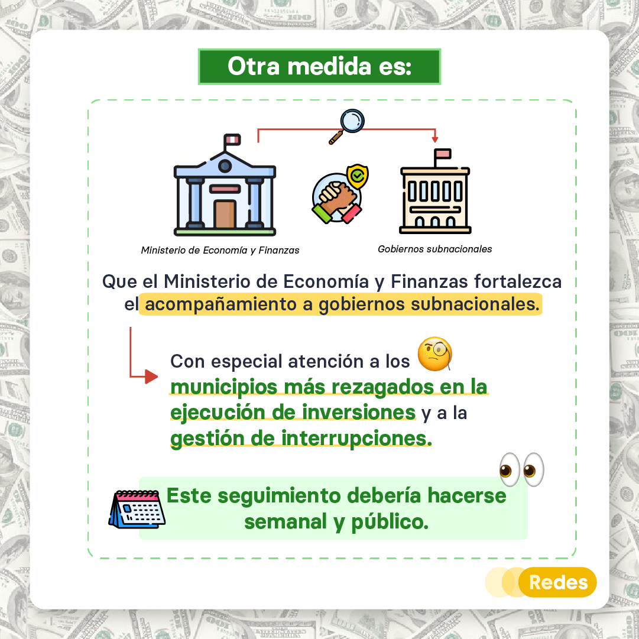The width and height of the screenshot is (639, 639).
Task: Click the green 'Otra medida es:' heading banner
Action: coord(319,66)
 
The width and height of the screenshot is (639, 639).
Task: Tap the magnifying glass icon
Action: coord(347,126)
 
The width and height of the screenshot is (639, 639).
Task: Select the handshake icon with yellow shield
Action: coord(340,194)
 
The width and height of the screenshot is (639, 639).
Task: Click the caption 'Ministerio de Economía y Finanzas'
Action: coord(220,250)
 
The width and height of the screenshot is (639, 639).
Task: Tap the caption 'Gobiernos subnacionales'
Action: coord(435,249)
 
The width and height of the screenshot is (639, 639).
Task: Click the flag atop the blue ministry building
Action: coord(232,140)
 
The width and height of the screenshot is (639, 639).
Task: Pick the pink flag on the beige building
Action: coord(443,154)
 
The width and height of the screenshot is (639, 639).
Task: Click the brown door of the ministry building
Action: coord(225,213)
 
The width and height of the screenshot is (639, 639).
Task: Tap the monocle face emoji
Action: coord(435,353)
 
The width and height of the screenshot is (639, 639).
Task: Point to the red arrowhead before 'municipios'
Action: coord(151,377)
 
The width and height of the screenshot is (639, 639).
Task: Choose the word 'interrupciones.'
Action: coord(356,439)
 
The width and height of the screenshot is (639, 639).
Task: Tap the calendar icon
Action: coord(137,510)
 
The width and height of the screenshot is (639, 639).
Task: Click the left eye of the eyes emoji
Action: coord(510,469)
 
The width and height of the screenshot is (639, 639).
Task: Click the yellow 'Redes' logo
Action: coord(557,582)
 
